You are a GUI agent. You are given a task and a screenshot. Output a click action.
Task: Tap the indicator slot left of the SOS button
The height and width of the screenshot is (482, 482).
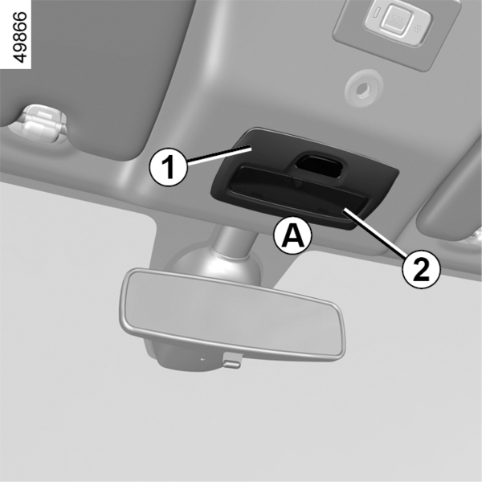pyautogui.click(x=377, y=14)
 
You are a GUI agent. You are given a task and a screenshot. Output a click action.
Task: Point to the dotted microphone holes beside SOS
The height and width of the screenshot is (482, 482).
pyautogui.click(x=417, y=29)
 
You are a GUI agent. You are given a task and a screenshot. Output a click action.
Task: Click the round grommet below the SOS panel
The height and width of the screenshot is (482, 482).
pyautogui.click(x=363, y=88)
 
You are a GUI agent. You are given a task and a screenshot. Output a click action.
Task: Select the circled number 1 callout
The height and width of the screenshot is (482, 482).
pyautogui.click(x=168, y=166)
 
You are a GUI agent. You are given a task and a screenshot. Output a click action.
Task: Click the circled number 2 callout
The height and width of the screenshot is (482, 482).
pyautogui.click(x=422, y=270)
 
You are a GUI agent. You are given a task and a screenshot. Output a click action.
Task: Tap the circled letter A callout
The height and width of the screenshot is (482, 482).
pyautogui.click(x=293, y=235)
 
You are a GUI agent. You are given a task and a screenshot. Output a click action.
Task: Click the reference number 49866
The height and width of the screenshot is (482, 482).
pyautogui.click(x=21, y=38)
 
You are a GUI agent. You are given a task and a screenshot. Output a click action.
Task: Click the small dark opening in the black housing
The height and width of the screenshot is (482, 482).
pyautogui.click(x=318, y=165)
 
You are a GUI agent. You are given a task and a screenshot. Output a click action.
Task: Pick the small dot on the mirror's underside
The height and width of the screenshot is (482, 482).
pyautogui.click(x=202, y=359)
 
